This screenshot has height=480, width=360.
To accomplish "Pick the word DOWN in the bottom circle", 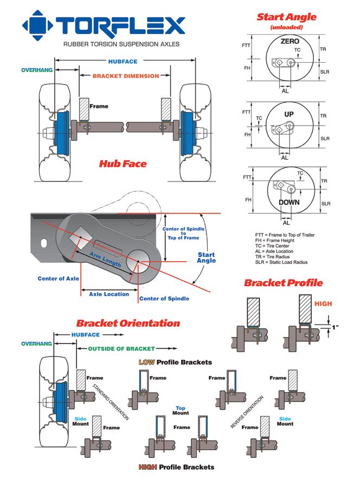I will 288,202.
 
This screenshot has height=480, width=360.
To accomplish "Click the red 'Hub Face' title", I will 123,164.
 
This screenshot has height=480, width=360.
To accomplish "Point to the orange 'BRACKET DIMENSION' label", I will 125,76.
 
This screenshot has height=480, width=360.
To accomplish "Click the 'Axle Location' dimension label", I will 109,294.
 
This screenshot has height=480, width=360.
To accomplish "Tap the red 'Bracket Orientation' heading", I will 127,323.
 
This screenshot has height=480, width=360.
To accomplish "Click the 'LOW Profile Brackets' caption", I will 175,361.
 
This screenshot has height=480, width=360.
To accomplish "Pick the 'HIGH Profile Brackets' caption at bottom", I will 176,466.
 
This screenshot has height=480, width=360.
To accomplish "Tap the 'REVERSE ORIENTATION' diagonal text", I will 247,412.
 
